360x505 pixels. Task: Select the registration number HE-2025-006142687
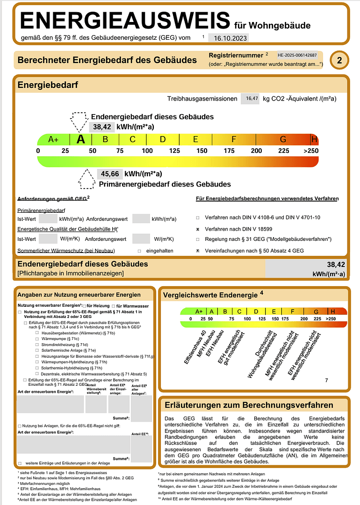300,55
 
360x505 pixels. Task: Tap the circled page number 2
339,60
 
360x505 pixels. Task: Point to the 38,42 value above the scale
101,126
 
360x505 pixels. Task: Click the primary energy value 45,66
109,173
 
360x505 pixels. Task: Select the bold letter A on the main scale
81,139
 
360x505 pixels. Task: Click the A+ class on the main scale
53,139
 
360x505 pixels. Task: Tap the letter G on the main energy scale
283,139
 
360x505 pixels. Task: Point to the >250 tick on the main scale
310,151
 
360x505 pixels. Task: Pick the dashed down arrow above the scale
79,122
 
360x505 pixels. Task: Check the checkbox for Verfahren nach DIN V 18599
198,229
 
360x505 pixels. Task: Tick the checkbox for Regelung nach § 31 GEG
198,239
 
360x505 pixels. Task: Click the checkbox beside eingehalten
139,251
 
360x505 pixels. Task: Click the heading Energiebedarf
48,85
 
